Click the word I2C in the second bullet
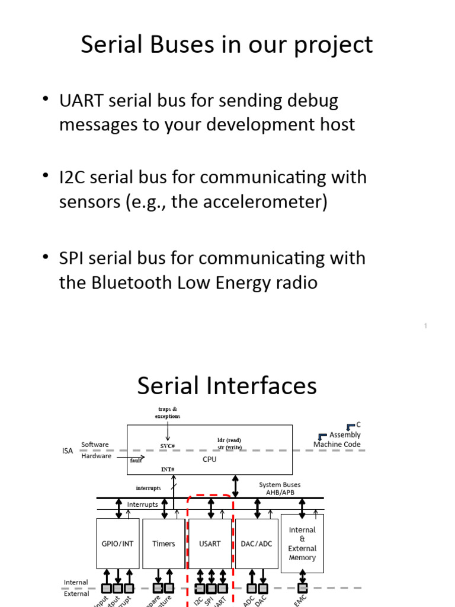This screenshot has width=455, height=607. click(x=72, y=177)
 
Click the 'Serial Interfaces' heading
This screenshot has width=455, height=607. click(x=227, y=386)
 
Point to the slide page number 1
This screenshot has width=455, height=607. click(x=425, y=326)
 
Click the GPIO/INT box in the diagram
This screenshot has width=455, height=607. click(x=118, y=544)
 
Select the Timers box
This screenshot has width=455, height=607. click(x=164, y=544)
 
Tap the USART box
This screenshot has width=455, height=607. click(x=209, y=544)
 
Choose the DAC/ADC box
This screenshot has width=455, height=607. click(x=257, y=544)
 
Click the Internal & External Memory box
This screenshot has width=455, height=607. click(x=302, y=544)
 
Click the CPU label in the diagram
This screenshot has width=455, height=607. click(x=210, y=459)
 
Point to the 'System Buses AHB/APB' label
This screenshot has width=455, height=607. click(x=280, y=488)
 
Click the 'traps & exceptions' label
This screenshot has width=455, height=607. click(x=168, y=413)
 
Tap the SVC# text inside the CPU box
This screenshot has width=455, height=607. click(x=168, y=446)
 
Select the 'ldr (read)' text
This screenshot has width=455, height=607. click(x=229, y=440)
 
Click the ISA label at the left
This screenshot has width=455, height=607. click(x=68, y=451)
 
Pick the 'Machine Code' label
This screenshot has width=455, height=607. click(x=337, y=444)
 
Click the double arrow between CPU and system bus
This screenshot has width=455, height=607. click(x=236, y=486)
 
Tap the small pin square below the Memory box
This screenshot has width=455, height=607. click(x=302, y=588)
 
